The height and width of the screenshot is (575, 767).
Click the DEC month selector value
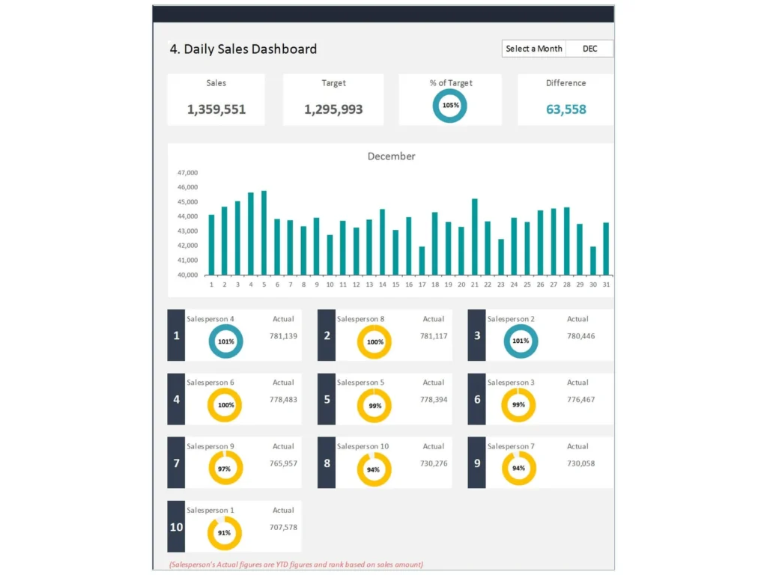[x=589, y=49]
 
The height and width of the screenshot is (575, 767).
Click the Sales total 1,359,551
[x=216, y=109]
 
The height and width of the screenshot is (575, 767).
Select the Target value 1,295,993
[x=333, y=109]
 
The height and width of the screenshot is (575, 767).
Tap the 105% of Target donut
[x=450, y=106]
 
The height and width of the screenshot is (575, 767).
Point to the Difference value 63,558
[x=566, y=109]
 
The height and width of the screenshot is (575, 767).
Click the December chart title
[x=391, y=156]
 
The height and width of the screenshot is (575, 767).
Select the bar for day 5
[x=264, y=233]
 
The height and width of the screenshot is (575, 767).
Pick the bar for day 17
[x=422, y=261]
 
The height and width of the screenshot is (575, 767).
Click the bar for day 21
[x=474, y=237]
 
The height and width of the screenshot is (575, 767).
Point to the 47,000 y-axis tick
[x=187, y=172]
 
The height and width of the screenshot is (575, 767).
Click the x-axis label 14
[x=382, y=285]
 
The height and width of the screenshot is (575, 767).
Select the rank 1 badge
[x=176, y=335]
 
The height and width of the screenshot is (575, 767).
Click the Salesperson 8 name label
[x=360, y=319]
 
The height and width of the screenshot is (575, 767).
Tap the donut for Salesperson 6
[x=225, y=405]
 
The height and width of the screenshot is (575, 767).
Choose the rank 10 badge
[x=176, y=527]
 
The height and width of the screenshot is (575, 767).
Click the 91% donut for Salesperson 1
[x=225, y=533]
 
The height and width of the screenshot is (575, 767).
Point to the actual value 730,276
[x=434, y=463]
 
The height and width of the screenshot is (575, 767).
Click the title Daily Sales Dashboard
[x=243, y=49]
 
